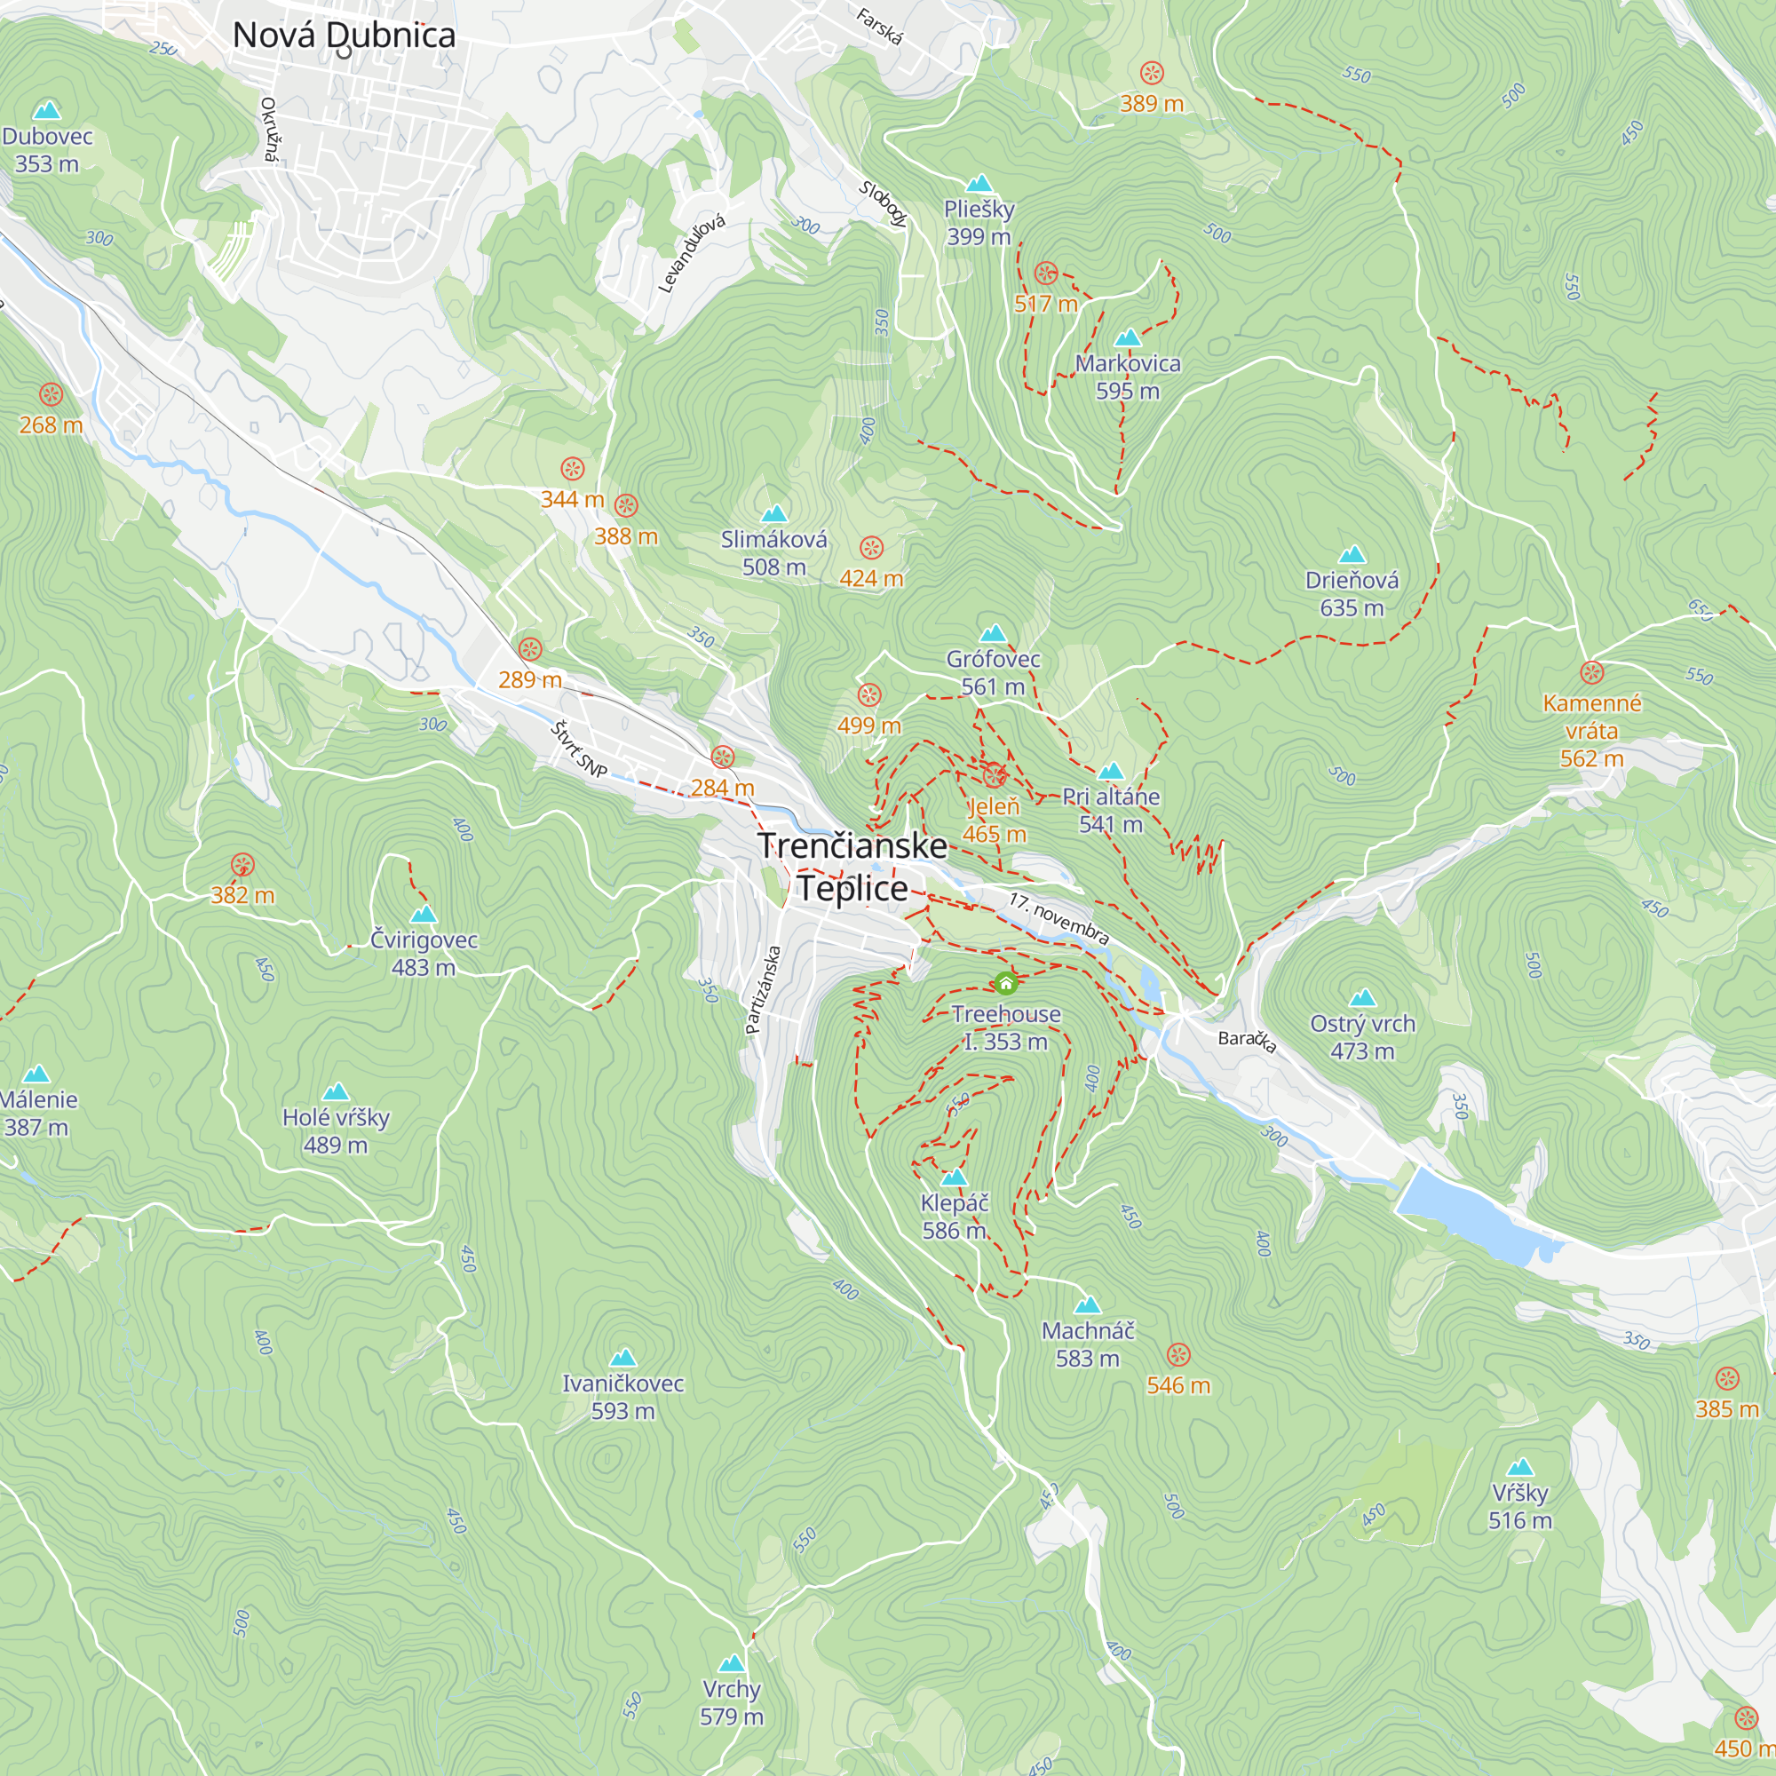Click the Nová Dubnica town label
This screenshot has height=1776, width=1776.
(x=344, y=35)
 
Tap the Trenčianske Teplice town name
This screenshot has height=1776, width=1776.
(x=852, y=867)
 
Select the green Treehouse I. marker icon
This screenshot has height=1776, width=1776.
(x=1006, y=984)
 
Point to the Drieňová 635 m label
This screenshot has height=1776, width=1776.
(x=1352, y=594)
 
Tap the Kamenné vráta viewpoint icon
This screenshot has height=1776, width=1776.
(x=1592, y=672)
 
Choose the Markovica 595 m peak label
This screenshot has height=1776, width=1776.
(x=1128, y=377)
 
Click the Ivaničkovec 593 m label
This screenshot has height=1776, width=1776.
(x=622, y=1396)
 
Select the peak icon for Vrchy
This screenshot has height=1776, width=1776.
(x=732, y=1663)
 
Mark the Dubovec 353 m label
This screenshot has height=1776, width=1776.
(x=47, y=150)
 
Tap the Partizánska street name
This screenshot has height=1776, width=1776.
(x=764, y=990)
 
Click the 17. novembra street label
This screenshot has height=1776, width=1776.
(x=1058, y=917)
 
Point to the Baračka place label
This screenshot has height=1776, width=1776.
(x=1247, y=1040)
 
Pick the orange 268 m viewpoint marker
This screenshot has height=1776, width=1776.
(x=52, y=395)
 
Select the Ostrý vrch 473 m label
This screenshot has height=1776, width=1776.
(x=1362, y=1037)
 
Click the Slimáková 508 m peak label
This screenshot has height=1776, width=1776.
(x=774, y=553)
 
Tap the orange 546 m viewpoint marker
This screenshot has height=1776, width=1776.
(x=1178, y=1355)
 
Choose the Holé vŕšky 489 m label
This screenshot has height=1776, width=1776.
(x=336, y=1130)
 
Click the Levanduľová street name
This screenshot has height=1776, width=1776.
(x=693, y=254)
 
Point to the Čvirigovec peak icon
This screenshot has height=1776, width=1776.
(x=423, y=915)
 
